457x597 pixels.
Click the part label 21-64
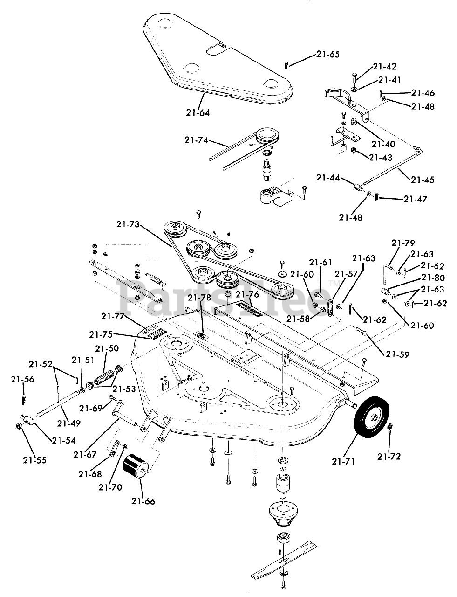198,113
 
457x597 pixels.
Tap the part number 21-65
328,55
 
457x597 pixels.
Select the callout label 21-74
197,140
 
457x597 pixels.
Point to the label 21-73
129,224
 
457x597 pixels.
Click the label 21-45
423,180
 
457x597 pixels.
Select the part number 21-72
389,457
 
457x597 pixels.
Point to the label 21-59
397,354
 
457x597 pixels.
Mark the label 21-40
383,144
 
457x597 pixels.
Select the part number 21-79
403,243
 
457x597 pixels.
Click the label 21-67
85,455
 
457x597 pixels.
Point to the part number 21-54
64,440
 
